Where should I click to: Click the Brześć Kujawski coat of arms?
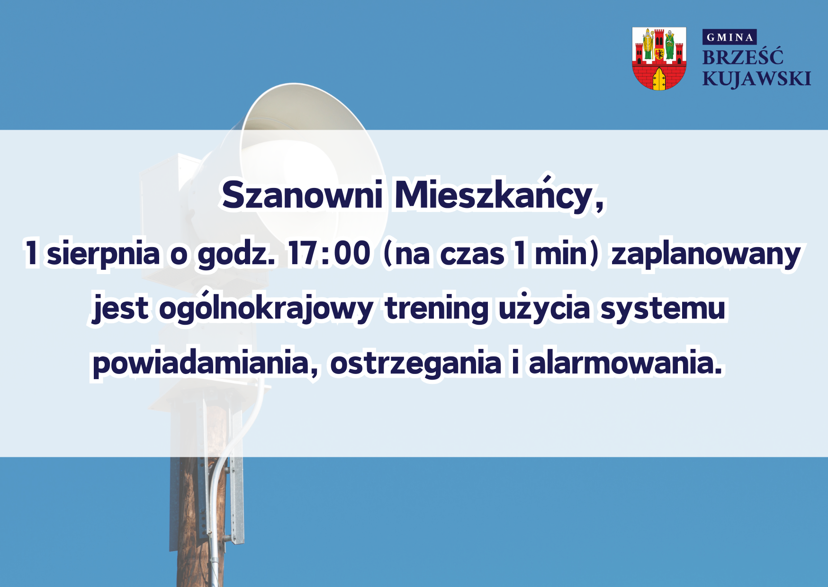[659, 59]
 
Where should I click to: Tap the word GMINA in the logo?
[729, 37]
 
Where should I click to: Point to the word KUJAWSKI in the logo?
[756, 79]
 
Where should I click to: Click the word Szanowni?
[302, 195]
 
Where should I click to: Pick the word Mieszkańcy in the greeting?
[499, 194]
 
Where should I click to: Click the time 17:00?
[329, 253]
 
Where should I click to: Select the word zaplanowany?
[706, 255]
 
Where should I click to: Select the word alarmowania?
[626, 363]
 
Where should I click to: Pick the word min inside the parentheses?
[562, 254]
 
